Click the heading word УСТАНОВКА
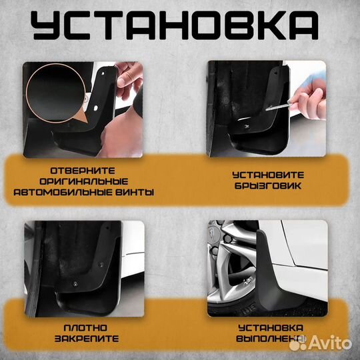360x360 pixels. click(x=175, y=25)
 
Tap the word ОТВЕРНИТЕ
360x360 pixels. click(x=83, y=171)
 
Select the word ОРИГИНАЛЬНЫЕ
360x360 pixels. click(x=84, y=181)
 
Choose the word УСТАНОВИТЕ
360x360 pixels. click(x=268, y=175)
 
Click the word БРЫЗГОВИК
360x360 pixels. click(x=268, y=186)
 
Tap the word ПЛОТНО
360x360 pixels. click(x=85, y=328)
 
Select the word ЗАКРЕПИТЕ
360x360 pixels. click(x=87, y=339)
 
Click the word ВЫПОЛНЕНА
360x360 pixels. click(x=271, y=339)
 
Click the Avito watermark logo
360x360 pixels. click(x=320, y=343)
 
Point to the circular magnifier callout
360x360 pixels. click(x=56, y=93)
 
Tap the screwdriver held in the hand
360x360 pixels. click(x=279, y=107)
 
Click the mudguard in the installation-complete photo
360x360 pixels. click(x=275, y=275)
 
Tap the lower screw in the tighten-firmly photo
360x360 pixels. click(x=75, y=284)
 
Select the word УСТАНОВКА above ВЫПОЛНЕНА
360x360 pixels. click(x=271, y=328)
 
